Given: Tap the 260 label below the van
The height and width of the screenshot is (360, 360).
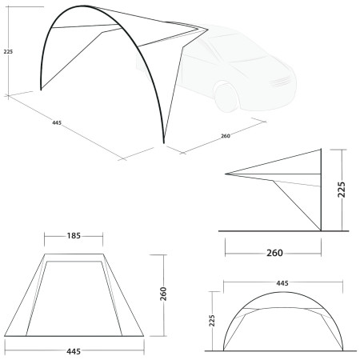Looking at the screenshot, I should click(x=226, y=136).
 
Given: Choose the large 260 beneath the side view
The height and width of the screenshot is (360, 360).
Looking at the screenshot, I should click(x=273, y=254).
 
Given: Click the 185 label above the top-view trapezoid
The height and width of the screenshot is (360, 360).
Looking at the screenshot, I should click(x=74, y=237).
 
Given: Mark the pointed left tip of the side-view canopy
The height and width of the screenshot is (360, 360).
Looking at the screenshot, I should click(x=226, y=174).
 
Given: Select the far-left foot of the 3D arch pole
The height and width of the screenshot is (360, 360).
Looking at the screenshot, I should click(x=41, y=90).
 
